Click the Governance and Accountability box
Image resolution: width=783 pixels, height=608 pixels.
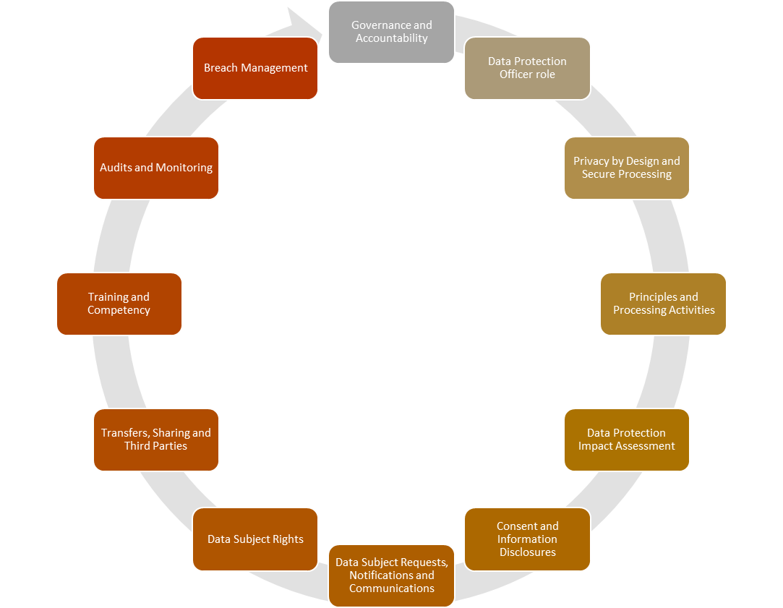click(x=392, y=32)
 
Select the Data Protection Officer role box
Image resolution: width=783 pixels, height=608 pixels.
click(x=527, y=68)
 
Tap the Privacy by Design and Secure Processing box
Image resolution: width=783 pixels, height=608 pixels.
click(x=627, y=168)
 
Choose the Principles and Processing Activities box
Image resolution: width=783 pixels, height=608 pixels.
click(x=663, y=304)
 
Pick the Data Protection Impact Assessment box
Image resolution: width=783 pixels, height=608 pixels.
click(x=627, y=440)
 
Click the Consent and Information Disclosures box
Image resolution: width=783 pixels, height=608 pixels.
click(x=527, y=539)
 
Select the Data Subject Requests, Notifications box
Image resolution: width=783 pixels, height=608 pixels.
click(x=392, y=575)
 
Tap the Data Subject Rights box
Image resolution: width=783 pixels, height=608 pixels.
click(x=255, y=539)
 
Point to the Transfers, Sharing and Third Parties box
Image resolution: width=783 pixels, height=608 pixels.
click(x=155, y=440)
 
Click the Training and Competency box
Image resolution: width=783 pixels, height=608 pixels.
click(x=119, y=304)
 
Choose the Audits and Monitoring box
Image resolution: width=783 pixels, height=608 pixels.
click(x=155, y=168)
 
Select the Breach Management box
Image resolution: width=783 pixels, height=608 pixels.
click(x=255, y=68)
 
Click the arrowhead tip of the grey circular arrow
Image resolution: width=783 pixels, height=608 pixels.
click(x=322, y=34)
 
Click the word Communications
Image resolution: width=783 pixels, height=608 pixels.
click(x=392, y=588)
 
